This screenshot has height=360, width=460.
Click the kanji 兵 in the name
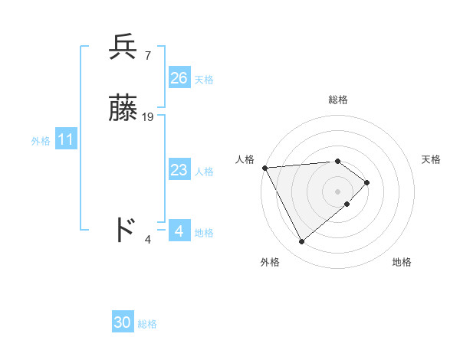pos(123,48)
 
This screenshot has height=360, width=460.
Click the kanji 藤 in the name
pos(123,110)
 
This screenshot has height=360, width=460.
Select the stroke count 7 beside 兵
pos(147,55)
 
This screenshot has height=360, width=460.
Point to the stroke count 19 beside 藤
pos(148,117)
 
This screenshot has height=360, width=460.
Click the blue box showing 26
pos(179,78)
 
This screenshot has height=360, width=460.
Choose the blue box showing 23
pos(179,171)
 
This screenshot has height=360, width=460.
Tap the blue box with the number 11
pos(66,140)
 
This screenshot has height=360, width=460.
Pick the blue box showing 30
pos(123,323)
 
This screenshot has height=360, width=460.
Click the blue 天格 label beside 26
pos(204,80)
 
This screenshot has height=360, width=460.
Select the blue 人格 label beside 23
pos(204,172)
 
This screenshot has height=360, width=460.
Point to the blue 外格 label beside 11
pos(41,141)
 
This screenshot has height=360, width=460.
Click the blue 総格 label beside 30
pos(147,324)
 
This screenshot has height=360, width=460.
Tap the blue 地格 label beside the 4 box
pos(204,233)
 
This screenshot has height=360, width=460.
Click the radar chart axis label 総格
pos(338,100)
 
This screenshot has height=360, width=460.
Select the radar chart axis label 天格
pos(431,159)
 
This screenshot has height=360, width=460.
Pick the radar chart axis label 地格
pos(402,262)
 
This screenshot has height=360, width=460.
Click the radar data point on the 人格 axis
pos(264,168)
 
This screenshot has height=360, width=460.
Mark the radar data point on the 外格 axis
pos(302,242)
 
